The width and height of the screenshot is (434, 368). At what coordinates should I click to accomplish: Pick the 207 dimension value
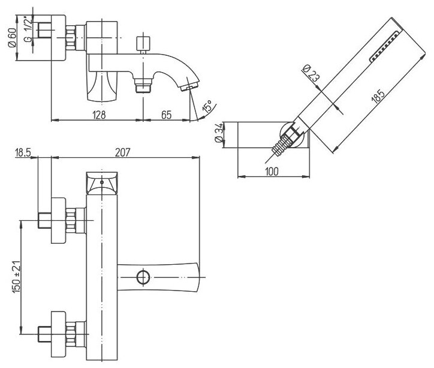click(122, 152)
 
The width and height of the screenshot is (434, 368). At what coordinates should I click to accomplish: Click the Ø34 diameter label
click(219, 133)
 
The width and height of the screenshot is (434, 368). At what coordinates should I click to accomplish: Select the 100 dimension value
click(272, 172)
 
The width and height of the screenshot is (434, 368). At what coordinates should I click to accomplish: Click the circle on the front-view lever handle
click(143, 277)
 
